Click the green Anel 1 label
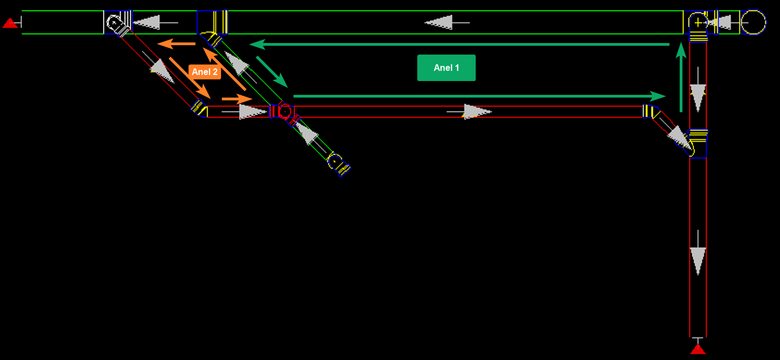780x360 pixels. [x=446, y=68]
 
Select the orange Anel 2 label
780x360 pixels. [x=205, y=72]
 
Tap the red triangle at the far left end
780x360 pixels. [x=9, y=23]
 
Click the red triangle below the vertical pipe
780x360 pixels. [x=698, y=348]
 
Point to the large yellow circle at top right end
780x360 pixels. [x=753, y=23]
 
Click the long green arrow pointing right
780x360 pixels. [x=480, y=96]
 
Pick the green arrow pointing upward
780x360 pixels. [x=681, y=77]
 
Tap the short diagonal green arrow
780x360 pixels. [x=272, y=72]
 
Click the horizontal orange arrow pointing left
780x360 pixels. [x=176, y=44]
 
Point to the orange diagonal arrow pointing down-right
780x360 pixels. [x=190, y=78]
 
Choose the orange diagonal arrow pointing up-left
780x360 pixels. [x=225, y=68]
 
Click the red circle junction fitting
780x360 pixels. [x=284, y=111]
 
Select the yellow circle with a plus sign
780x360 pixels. [x=698, y=23]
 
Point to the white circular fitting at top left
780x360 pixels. [x=115, y=23]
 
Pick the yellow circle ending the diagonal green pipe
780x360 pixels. [x=334, y=162]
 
